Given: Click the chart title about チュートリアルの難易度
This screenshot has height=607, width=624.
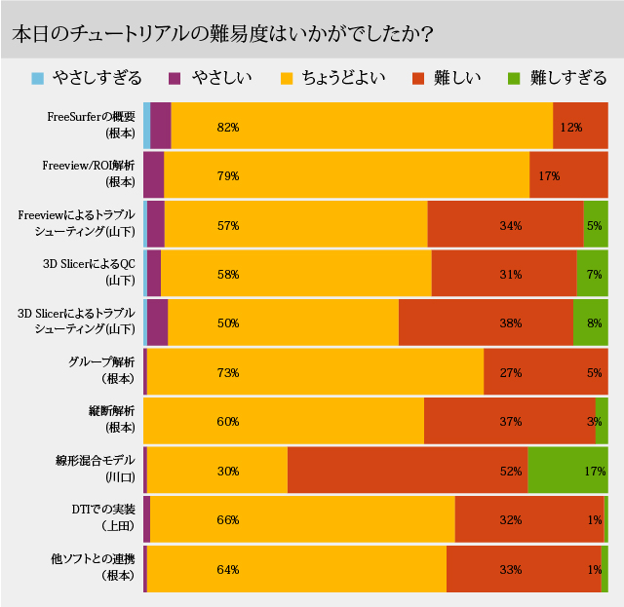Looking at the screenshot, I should (x=223, y=32).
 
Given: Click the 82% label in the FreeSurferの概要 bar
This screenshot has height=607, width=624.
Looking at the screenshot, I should (x=228, y=127).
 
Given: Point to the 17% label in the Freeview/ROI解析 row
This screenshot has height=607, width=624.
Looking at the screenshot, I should (x=549, y=176).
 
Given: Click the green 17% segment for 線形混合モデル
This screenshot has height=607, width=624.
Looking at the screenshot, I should (x=567, y=471).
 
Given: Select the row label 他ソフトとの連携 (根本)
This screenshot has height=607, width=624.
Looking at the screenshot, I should (x=97, y=568).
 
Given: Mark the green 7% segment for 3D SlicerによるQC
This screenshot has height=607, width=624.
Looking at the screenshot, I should (x=592, y=274).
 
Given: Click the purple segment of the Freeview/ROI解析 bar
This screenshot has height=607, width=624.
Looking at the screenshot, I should (x=153, y=175).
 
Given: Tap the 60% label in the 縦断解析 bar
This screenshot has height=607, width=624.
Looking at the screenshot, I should (x=228, y=422).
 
